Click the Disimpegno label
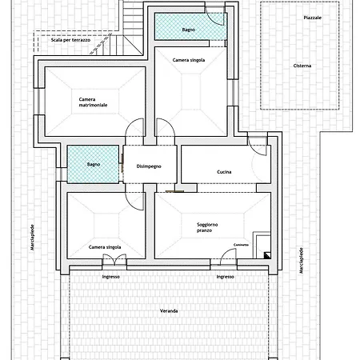click(x=149, y=166)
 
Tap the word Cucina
click(x=224, y=172)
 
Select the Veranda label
click(x=169, y=311)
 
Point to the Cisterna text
click(x=302, y=66)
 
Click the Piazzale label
click(x=312, y=18)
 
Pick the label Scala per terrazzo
click(x=70, y=40)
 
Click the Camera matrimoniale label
click(x=93, y=102)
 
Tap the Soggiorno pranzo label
click(x=207, y=227)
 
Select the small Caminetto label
click(x=241, y=245)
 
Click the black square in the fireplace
click(x=267, y=255)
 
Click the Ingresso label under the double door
click(x=110, y=277)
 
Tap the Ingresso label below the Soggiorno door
click(x=225, y=277)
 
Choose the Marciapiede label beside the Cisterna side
click(x=302, y=261)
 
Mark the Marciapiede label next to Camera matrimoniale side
click(x=32, y=238)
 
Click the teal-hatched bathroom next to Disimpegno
click(x=93, y=164)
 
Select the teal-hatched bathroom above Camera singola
click(x=190, y=26)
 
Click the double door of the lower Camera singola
click(x=114, y=259)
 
